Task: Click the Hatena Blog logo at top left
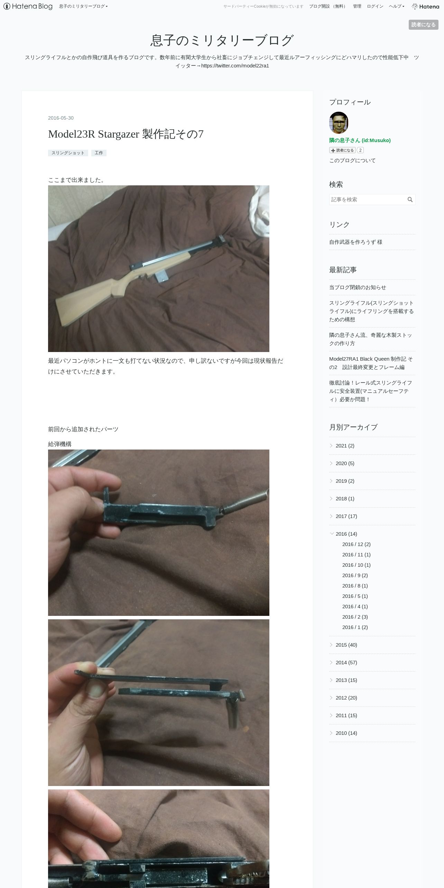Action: click(x=28, y=6)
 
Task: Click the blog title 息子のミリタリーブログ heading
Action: click(x=222, y=40)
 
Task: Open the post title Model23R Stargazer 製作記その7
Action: click(x=126, y=134)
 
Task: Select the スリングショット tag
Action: click(x=68, y=153)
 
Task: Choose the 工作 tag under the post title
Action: click(x=99, y=153)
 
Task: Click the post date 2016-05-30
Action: click(x=61, y=118)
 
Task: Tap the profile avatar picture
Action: click(x=339, y=122)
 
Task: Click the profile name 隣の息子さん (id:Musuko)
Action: click(x=360, y=140)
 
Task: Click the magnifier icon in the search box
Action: click(x=410, y=200)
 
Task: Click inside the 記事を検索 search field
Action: click(x=367, y=200)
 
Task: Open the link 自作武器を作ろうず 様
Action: click(x=356, y=242)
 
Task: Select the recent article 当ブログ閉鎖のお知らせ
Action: click(x=358, y=287)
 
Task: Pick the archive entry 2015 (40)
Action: click(x=346, y=645)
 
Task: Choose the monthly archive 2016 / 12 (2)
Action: click(x=357, y=544)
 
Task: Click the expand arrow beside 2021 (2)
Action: click(x=332, y=446)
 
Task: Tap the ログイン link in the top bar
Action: click(x=375, y=6)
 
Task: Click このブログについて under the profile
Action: click(x=352, y=160)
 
